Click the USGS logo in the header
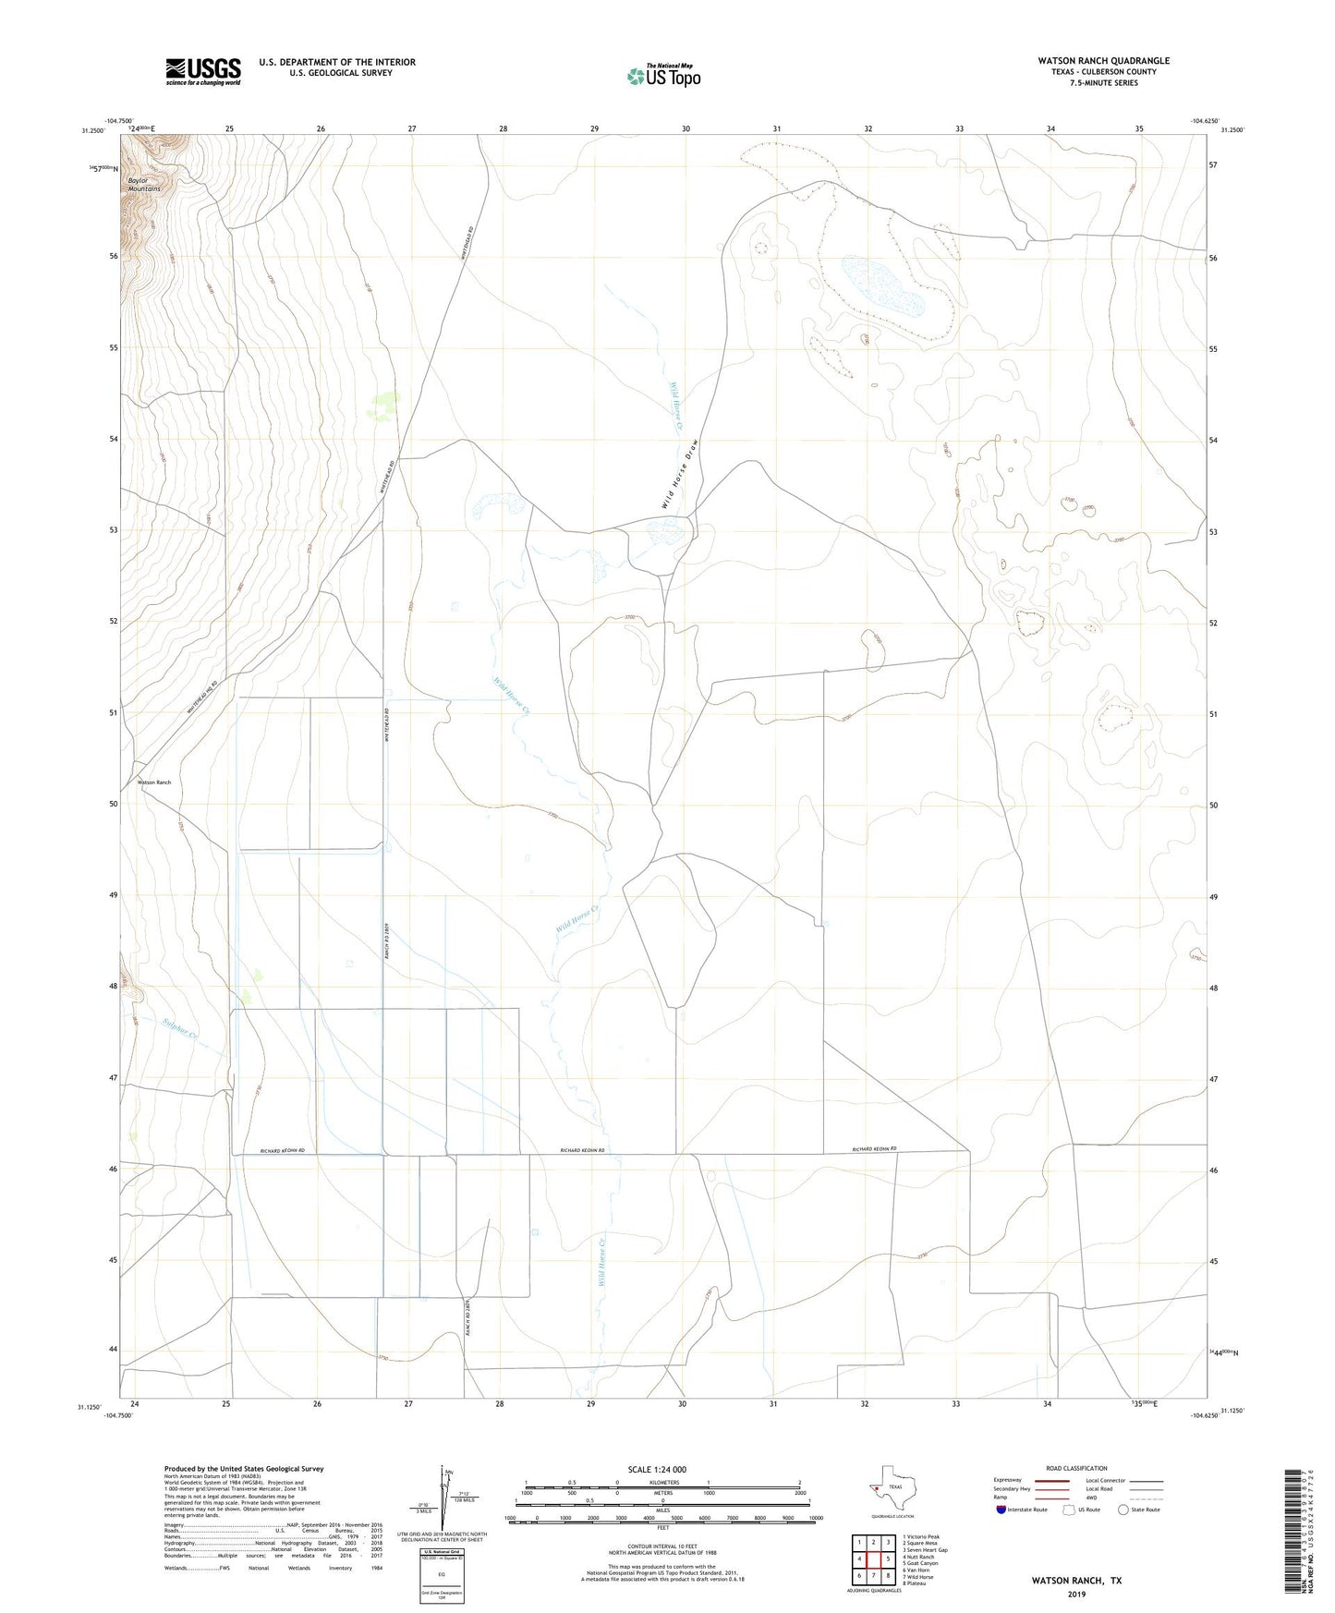(203, 71)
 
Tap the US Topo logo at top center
(663, 75)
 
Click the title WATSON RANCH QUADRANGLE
(1103, 61)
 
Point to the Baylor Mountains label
(144, 185)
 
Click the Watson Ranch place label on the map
(154, 782)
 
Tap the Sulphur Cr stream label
(180, 1029)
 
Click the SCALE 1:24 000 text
(657, 1470)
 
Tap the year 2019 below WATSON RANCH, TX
(1076, 1594)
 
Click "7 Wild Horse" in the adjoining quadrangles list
(919, 1577)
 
